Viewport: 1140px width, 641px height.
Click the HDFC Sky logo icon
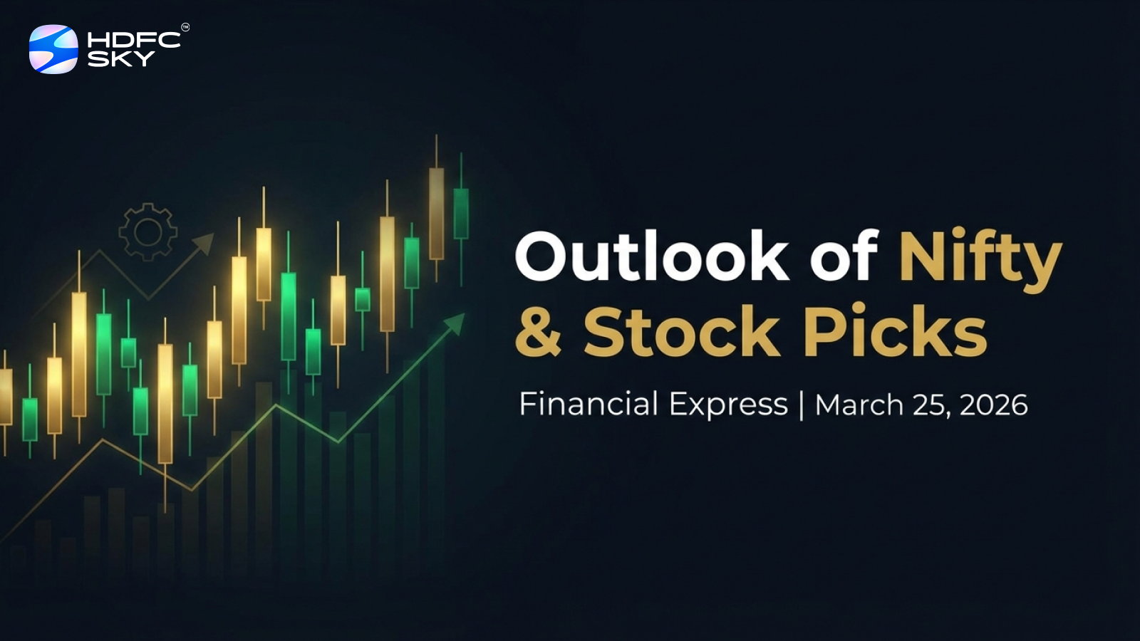coord(53,49)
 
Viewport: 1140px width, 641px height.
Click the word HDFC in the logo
coord(133,41)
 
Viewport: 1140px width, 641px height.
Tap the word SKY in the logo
coord(120,59)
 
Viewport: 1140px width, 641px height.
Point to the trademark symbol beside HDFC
coord(185,28)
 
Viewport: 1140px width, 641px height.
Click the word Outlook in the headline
coord(651,256)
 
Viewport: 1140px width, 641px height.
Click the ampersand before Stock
coord(539,331)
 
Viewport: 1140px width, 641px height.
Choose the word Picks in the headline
coord(895,331)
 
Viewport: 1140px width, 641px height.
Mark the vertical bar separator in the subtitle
coord(802,405)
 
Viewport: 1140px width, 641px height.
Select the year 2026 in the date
coord(993,405)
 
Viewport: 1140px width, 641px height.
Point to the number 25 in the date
coord(930,405)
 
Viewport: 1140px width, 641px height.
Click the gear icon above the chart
coord(147,232)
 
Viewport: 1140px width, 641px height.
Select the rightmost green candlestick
coord(461,213)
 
